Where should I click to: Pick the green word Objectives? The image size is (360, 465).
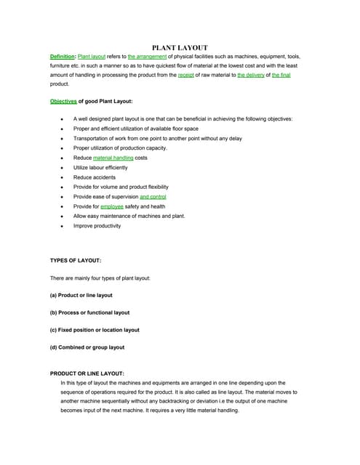(x=63, y=101)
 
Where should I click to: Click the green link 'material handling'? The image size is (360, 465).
(x=113, y=157)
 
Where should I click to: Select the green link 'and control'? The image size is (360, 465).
(x=153, y=196)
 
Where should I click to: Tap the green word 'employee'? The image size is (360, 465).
(x=112, y=206)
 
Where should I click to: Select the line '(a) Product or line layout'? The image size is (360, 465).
(x=81, y=295)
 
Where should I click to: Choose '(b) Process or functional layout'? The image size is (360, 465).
(x=89, y=312)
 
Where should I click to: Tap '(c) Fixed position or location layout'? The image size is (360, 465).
(x=95, y=330)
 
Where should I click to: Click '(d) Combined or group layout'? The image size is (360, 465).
(x=87, y=347)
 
